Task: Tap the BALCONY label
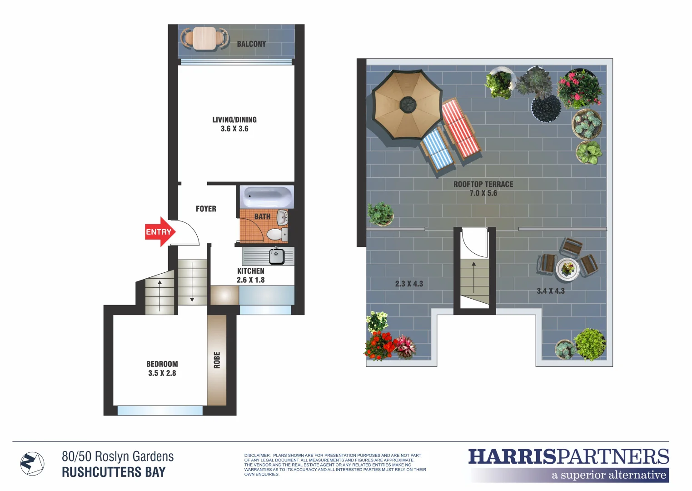(x=251, y=44)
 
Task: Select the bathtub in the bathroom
(x=267, y=197)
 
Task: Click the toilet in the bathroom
(x=275, y=234)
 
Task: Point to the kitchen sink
(x=276, y=256)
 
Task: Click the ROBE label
(x=217, y=360)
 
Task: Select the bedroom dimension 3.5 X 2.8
(x=162, y=373)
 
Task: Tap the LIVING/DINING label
(x=234, y=120)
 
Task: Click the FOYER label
(x=206, y=209)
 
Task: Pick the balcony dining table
(x=204, y=38)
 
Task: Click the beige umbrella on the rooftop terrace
(x=407, y=105)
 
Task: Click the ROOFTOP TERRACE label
(x=483, y=184)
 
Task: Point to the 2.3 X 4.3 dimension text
(x=409, y=284)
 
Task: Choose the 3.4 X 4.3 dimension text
(x=550, y=291)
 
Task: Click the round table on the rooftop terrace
(x=568, y=269)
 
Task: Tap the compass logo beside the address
(x=32, y=464)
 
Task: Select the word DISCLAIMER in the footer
(x=257, y=455)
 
